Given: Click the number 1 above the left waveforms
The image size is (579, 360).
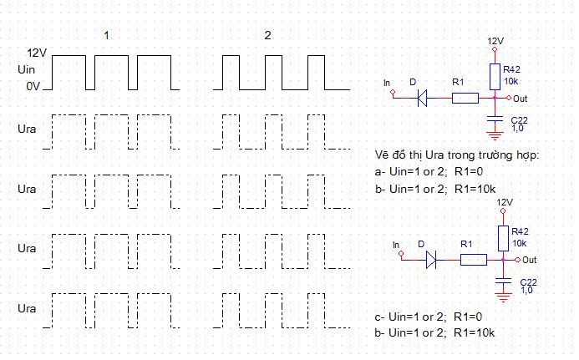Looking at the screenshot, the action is pyautogui.click(x=106, y=35).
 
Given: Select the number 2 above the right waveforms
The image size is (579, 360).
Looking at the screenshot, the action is pyautogui.click(x=267, y=35).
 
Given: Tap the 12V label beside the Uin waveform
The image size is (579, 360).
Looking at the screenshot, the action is pyautogui.click(x=37, y=53).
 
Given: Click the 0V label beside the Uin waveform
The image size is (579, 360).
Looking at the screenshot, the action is pyautogui.click(x=33, y=86).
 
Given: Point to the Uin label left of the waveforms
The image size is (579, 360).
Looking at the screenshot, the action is pyautogui.click(x=26, y=69).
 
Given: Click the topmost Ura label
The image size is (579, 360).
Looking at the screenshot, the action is pyautogui.click(x=27, y=129).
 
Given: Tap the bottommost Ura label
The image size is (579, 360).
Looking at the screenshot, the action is pyautogui.click(x=27, y=308).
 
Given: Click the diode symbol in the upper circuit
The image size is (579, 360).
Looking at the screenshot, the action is pyautogui.click(x=423, y=98).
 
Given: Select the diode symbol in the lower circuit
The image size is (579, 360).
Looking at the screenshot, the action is pyautogui.click(x=431, y=260).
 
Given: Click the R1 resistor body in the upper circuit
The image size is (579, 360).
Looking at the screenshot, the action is pyautogui.click(x=465, y=98).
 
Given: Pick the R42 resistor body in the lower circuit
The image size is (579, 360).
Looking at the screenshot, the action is pyautogui.click(x=503, y=239).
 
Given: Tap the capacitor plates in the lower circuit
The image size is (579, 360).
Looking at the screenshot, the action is pyautogui.click(x=503, y=281).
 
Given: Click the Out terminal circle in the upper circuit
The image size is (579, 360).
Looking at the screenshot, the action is pyautogui.click(x=509, y=98).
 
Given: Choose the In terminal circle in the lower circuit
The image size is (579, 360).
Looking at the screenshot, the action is pyautogui.click(x=401, y=253).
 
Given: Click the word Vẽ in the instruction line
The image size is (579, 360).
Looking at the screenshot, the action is pyautogui.click(x=382, y=155).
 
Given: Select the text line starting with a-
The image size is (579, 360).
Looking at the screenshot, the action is pyautogui.click(x=429, y=172).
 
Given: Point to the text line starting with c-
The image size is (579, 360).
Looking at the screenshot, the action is pyautogui.click(x=429, y=317).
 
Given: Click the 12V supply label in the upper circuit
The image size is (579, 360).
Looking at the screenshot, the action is pyautogui.click(x=495, y=41).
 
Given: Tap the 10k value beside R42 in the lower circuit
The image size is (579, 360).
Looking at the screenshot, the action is pyautogui.click(x=519, y=243).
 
